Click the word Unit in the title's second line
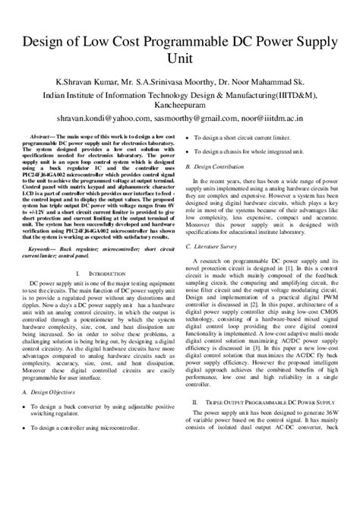pyautogui.click(x=180, y=60)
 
